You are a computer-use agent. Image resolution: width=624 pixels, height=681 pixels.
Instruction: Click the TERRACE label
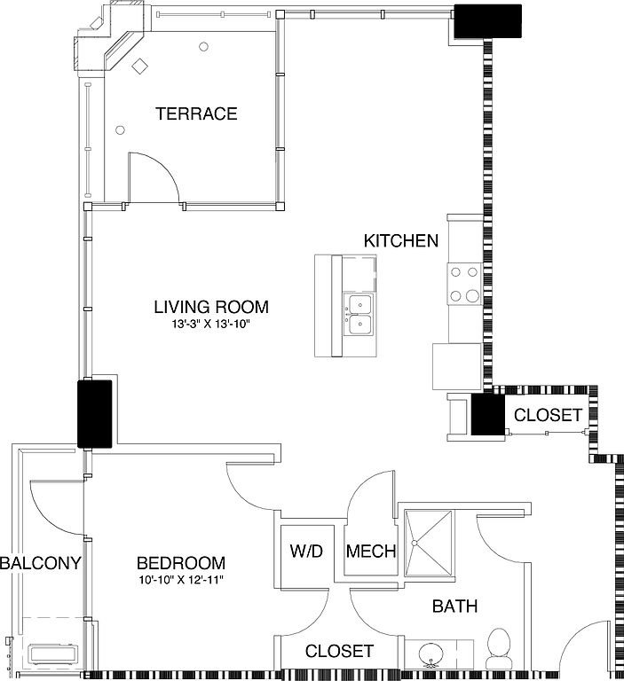click(x=196, y=113)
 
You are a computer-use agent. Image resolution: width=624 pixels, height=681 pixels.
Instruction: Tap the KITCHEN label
click(x=401, y=240)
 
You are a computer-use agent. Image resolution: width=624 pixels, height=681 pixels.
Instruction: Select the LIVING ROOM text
click(x=211, y=307)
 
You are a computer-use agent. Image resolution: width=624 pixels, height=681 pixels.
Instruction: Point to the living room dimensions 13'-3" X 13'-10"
click(x=212, y=324)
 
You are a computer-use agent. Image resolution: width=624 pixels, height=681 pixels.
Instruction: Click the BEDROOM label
click(x=181, y=563)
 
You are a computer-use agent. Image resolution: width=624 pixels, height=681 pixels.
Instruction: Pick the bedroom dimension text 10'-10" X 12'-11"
click(x=181, y=580)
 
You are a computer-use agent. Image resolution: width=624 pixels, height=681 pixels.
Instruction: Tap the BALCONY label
click(x=41, y=563)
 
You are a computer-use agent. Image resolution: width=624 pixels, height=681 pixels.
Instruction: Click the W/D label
click(x=306, y=552)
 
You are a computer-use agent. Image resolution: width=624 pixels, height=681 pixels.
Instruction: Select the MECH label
click(x=371, y=552)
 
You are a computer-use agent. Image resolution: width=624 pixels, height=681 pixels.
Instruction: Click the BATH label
click(x=454, y=606)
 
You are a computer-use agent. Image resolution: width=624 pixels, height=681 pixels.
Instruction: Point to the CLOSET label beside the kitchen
click(x=548, y=415)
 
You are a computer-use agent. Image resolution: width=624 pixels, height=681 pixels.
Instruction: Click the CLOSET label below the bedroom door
click(x=339, y=651)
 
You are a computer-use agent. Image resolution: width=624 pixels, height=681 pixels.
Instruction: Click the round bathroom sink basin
click(x=430, y=655)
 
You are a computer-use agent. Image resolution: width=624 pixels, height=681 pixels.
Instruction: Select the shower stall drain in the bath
click(x=414, y=543)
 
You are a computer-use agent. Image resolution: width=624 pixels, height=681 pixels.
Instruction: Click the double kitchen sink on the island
click(x=359, y=315)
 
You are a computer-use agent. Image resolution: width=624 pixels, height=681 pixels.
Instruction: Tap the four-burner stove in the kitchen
click(x=464, y=284)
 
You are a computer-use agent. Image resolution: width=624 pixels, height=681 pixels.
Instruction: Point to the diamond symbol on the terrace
click(x=140, y=66)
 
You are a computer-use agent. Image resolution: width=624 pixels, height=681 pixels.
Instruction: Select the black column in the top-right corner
click(x=487, y=21)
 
